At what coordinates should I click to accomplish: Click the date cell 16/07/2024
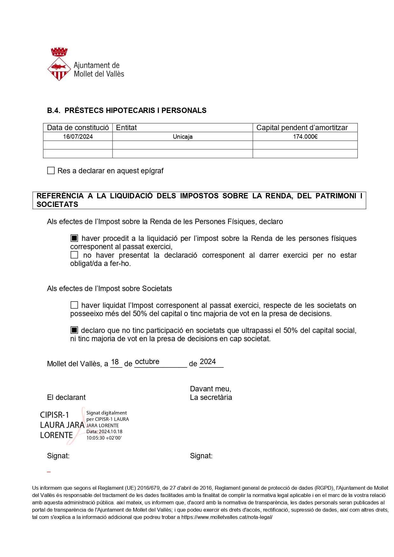78,137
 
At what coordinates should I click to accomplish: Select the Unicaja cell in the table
183,137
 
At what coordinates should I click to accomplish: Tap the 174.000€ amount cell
305,137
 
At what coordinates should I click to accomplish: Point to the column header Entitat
126,128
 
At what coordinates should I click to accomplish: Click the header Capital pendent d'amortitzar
302,128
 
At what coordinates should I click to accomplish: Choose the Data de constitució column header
78,128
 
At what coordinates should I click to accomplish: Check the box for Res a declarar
51,171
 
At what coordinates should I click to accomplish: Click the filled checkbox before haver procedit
74,238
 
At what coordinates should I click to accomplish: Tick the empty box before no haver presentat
74,255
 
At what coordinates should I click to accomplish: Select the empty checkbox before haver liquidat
74,305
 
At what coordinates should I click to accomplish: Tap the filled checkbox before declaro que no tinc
74,330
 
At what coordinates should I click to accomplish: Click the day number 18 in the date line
115,362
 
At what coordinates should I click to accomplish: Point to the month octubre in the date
147,362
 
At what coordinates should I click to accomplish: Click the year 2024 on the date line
208,362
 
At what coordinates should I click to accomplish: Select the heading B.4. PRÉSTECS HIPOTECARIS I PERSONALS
127,110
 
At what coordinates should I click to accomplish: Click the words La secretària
211,397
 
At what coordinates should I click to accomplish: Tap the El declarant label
66,397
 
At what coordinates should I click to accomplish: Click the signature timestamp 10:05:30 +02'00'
104,438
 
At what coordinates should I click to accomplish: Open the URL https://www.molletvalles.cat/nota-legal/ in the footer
227,517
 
